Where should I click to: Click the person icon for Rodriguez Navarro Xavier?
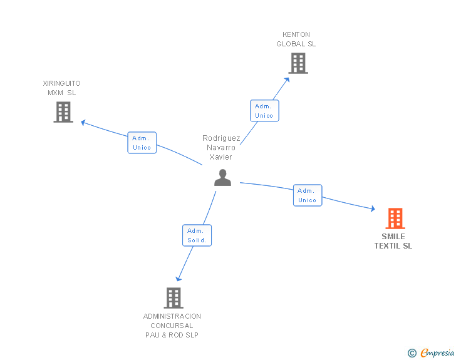point(222,178)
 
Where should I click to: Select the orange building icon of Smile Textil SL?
point(395,219)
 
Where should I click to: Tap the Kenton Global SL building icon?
point(298,63)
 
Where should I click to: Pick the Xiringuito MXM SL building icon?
point(63,112)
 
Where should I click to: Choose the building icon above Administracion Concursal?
point(174,298)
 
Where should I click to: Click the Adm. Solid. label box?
point(197,235)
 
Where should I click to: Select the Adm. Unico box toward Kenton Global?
point(264,111)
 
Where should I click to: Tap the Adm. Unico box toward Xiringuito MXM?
point(142,143)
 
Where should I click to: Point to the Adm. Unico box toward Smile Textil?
point(307,195)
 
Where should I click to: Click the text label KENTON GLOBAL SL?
point(296,39)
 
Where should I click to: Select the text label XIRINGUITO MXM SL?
point(61,88)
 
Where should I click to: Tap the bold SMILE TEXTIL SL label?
point(393,241)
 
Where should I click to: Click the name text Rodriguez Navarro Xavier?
point(221,148)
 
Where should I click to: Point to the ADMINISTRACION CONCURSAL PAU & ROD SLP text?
point(172,326)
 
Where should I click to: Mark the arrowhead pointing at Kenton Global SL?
point(287,80)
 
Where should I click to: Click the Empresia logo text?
point(437,353)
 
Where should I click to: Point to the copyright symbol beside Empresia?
point(412,353)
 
